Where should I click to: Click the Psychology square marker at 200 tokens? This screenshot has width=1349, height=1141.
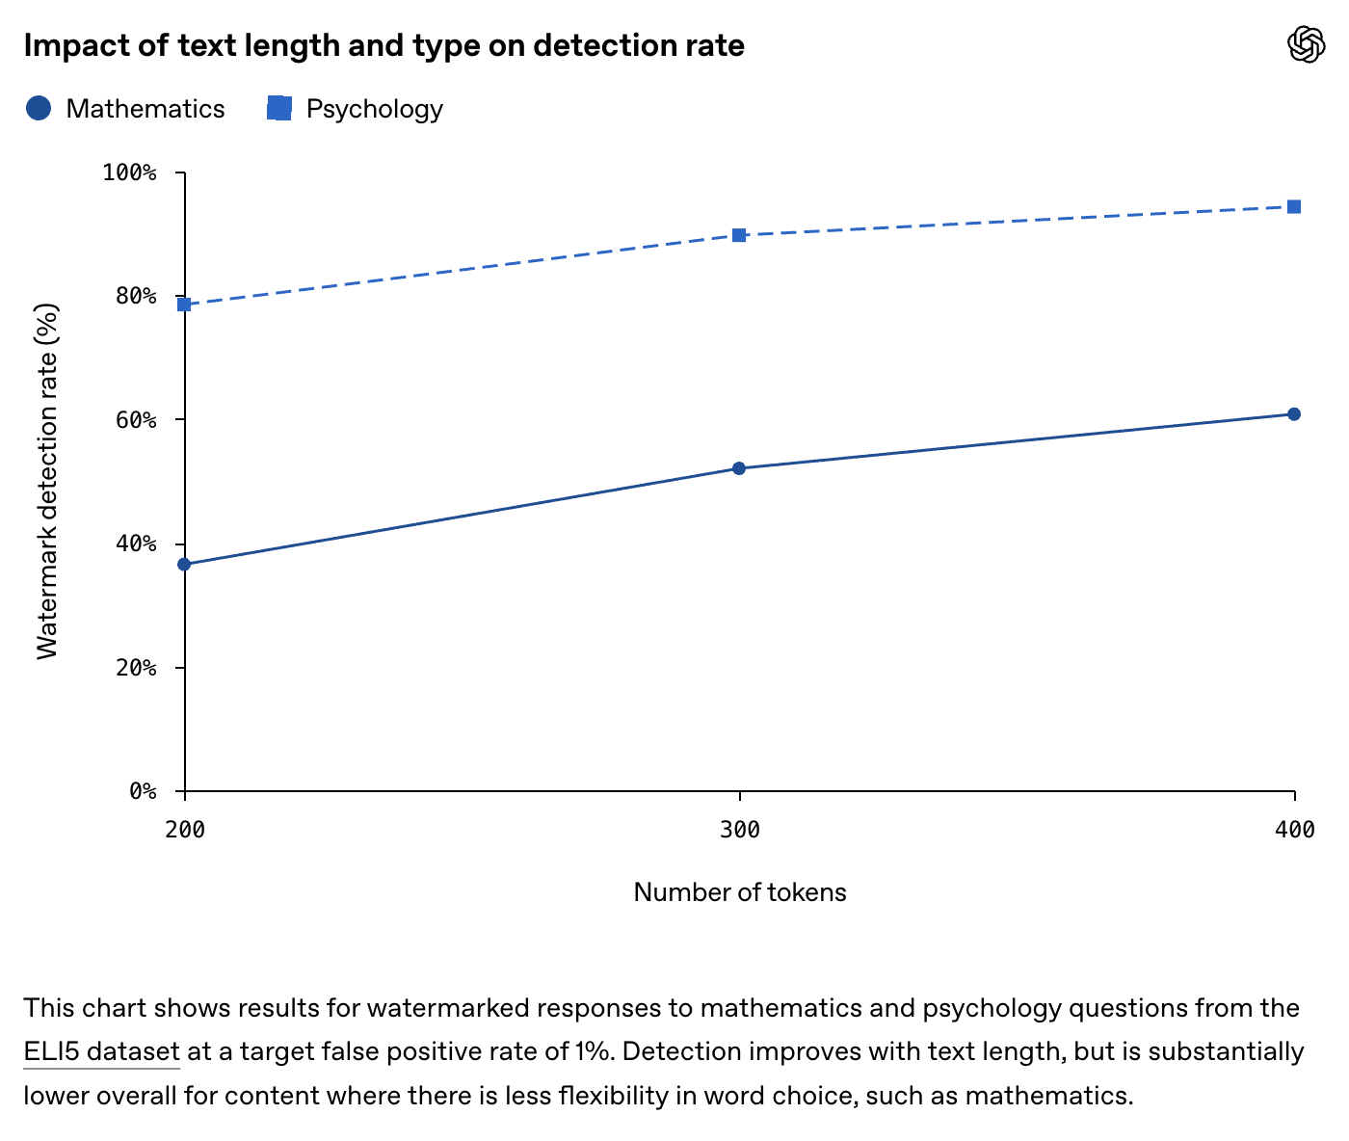184,305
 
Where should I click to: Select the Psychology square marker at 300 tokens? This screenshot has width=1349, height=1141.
739,235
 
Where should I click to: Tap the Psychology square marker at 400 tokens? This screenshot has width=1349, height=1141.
1293,207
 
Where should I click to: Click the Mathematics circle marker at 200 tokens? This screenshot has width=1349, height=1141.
184,564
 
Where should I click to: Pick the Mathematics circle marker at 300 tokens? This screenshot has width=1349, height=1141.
739,468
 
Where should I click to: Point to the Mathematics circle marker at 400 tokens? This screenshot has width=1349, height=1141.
1293,413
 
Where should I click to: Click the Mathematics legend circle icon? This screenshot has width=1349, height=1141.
39,108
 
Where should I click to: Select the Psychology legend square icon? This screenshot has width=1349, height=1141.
279,108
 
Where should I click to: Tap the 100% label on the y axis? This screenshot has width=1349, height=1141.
129,172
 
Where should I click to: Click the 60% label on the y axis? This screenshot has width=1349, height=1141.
136,420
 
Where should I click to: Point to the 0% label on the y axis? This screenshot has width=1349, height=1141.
143,791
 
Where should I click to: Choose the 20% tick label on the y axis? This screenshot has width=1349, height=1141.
136,667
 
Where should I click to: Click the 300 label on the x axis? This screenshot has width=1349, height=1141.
739,830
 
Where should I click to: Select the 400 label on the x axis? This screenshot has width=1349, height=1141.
1294,830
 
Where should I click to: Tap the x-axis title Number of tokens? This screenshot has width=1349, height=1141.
739,892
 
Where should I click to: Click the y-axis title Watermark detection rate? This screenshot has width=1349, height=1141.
47,482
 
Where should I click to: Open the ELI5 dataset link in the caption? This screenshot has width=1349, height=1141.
101,1051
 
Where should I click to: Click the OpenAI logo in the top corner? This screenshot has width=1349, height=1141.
1306,44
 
